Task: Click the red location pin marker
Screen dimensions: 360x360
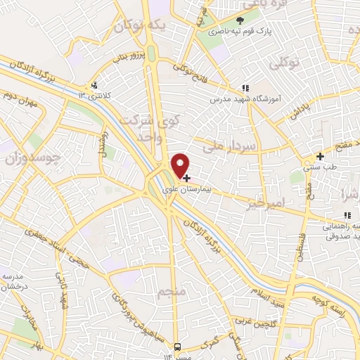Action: [181, 165]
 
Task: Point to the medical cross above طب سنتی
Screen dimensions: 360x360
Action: [320, 156]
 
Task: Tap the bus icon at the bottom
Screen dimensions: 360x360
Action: [178, 347]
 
